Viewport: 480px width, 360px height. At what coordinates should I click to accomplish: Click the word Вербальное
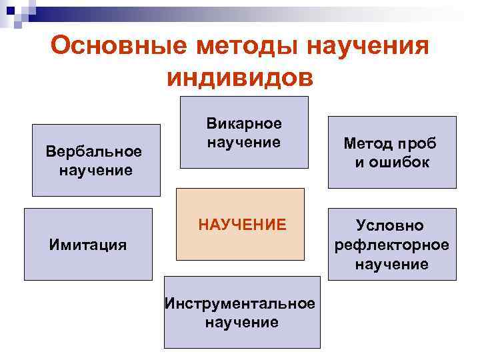94,151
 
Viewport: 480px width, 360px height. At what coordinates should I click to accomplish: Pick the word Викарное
243,123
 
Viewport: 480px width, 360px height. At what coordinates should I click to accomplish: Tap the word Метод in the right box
368,143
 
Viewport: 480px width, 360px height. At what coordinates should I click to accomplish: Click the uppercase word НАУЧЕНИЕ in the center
242,225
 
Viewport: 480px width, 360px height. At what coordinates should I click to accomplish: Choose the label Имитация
88,244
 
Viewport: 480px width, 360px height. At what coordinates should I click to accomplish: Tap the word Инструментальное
240,303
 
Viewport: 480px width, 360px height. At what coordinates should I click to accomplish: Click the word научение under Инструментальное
241,323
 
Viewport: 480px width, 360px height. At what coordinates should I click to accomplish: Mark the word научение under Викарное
243,142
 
